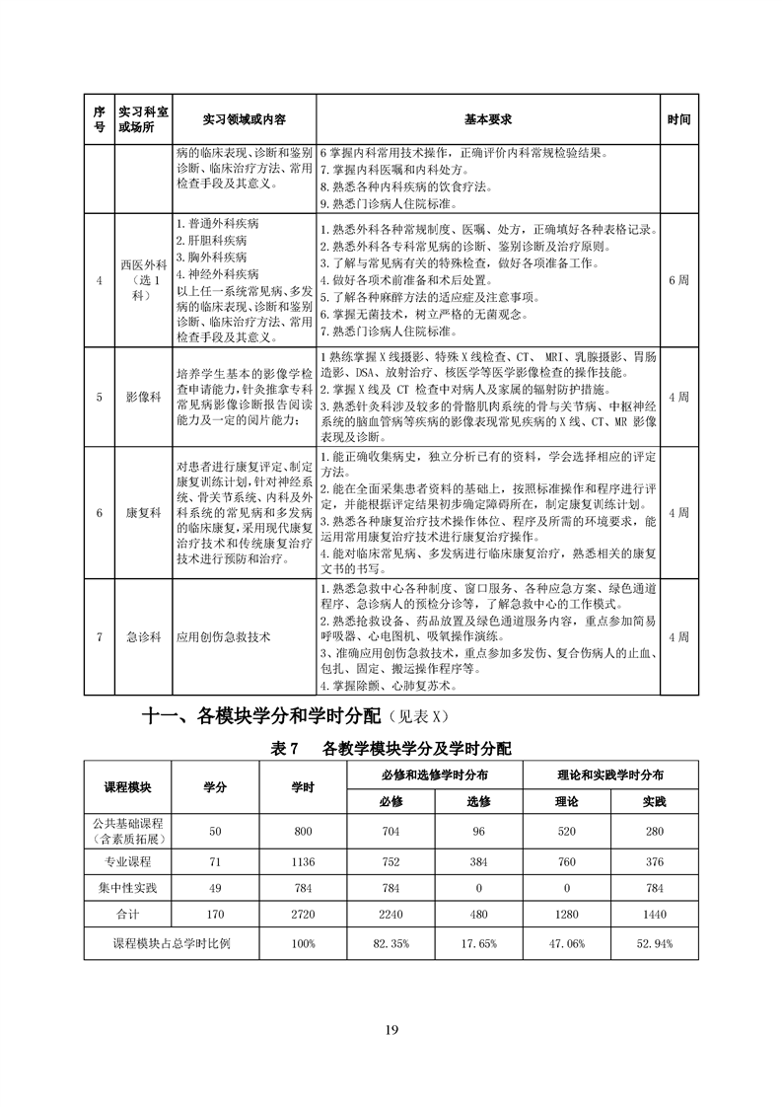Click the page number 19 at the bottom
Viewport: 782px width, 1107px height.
[x=391, y=1031]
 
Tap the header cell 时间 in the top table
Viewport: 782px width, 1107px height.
[x=678, y=119]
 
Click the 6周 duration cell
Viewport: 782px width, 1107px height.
[x=678, y=280]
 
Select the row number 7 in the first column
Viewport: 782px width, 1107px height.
[x=99, y=636]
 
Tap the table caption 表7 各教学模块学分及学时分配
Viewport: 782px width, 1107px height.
[x=391, y=749]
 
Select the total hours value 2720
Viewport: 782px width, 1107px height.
[x=303, y=915]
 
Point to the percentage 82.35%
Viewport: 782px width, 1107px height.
[x=392, y=943]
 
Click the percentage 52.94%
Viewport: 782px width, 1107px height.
[x=655, y=943]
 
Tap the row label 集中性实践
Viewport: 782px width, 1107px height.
[x=127, y=887]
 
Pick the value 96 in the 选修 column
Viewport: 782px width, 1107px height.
[x=479, y=831]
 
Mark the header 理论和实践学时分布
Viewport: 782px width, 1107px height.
[x=610, y=774]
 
